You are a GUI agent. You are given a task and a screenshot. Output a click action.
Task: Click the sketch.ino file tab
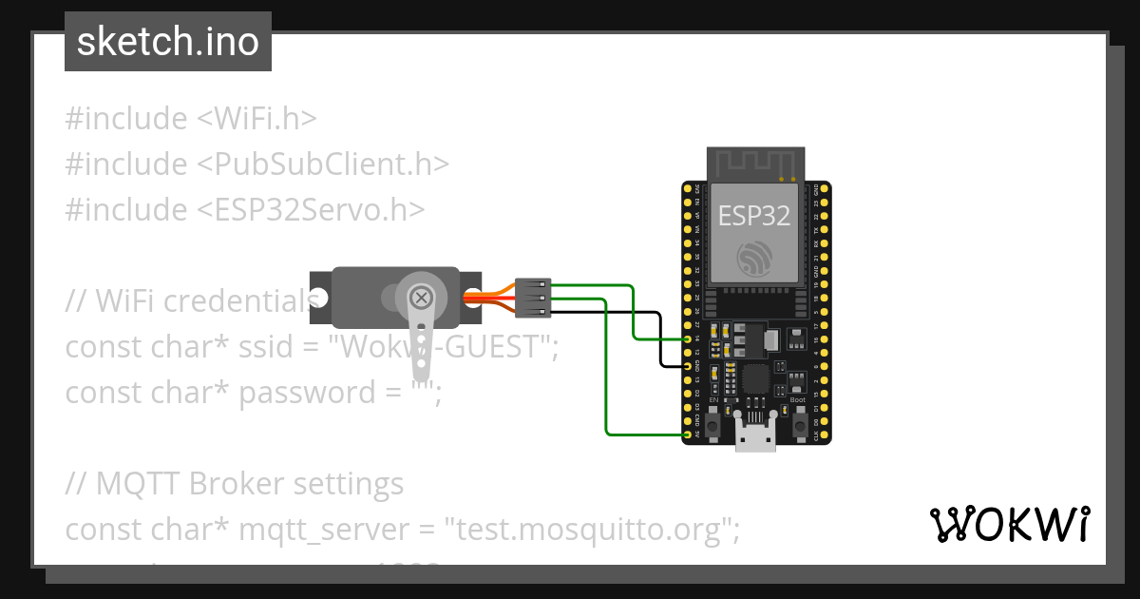click(x=168, y=42)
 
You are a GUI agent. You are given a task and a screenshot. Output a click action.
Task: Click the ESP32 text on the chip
click(x=754, y=216)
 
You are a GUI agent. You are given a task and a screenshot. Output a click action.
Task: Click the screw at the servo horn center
click(x=420, y=298)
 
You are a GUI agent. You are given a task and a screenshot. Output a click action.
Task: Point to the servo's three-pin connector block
click(x=533, y=298)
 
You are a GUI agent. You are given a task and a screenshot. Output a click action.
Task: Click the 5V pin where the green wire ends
click(x=688, y=435)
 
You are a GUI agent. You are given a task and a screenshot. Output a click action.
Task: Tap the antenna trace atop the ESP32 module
click(x=754, y=164)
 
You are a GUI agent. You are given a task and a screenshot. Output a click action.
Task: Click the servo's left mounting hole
click(x=319, y=298)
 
